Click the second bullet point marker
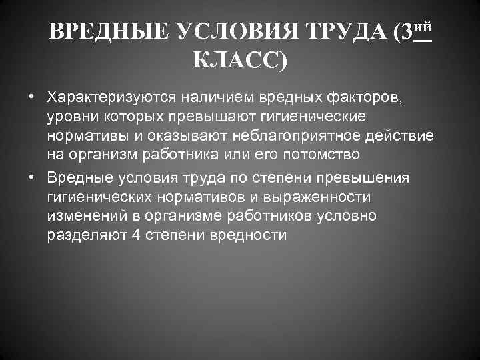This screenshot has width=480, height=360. pos(31,179)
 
